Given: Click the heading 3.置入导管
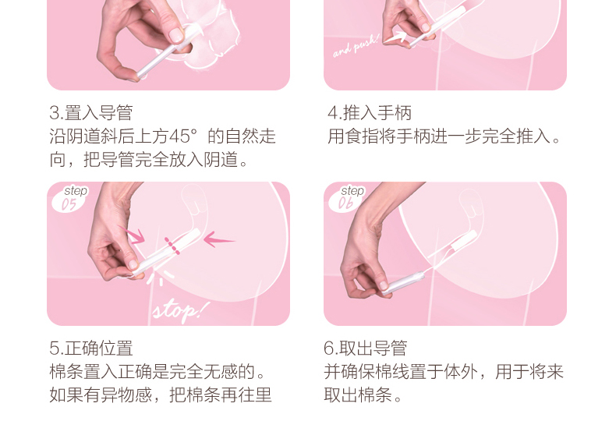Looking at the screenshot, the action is click(91, 113).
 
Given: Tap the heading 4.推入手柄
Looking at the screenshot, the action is click(370, 113).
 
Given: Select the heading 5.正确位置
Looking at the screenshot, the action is click(91, 348).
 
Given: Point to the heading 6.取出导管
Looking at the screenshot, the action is click(366, 348).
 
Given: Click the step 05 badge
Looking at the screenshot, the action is click(70, 198).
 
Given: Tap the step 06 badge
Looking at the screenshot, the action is click(347, 198).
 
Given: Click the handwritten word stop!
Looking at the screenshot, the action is click(180, 311).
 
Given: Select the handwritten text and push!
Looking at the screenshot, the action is click(356, 46).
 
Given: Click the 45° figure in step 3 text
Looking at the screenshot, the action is click(182, 136).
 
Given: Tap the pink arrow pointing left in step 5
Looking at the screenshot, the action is click(219, 239).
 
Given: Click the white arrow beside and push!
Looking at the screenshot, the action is click(395, 37).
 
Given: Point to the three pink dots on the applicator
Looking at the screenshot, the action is click(172, 246).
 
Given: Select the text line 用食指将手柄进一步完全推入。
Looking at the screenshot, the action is click(444, 136).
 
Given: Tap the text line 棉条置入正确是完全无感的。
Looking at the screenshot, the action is click(158, 371).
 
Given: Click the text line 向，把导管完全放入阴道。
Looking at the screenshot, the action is click(149, 160).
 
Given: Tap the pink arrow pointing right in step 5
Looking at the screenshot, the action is click(133, 235).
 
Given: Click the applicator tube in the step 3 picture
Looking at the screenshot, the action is click(167, 54).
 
